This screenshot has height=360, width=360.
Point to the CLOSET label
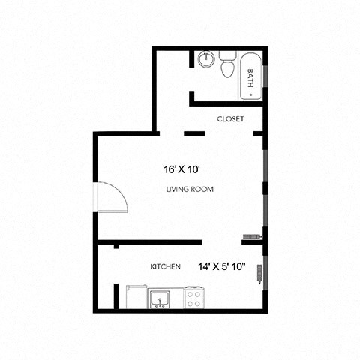229,119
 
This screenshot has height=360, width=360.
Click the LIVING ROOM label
190,190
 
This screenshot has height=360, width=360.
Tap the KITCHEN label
165,267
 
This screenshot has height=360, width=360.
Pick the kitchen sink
158,299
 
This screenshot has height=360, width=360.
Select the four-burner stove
194,298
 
